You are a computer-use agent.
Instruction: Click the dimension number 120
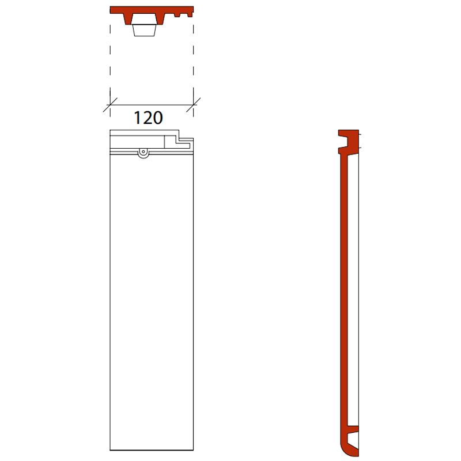[148, 118]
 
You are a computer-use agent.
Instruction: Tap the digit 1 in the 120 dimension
[138, 118]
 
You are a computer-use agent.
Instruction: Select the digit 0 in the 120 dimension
[157, 118]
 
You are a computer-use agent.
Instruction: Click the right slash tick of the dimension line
[194, 104]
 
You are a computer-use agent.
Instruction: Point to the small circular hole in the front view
[142, 152]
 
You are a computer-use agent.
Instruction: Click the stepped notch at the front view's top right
[184, 138]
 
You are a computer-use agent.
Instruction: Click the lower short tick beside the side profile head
[360, 148]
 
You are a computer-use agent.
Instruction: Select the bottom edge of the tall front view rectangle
[152, 450]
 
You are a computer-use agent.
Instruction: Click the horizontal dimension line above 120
[152, 104]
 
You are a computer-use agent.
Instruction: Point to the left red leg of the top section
[127, 19]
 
